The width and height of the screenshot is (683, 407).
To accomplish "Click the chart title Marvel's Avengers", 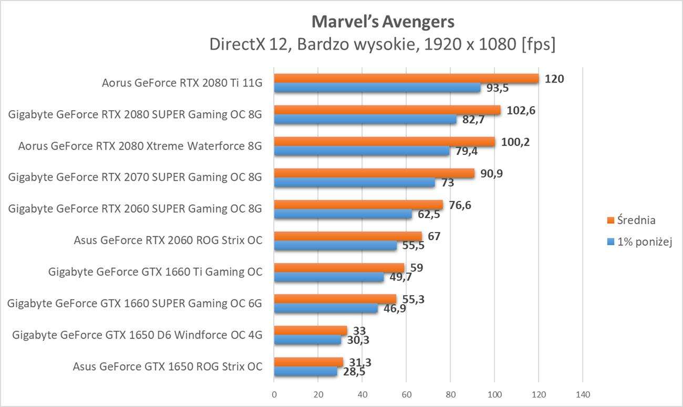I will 382,22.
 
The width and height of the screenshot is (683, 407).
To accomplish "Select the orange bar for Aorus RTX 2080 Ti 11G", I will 406,78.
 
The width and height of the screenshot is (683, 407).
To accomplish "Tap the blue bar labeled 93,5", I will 377,88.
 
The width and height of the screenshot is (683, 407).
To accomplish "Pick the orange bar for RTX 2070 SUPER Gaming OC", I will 374,173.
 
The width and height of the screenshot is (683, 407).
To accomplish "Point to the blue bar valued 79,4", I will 361,151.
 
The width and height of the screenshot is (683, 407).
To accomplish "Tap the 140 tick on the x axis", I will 583,394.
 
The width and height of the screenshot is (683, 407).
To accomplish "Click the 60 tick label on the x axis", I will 406,394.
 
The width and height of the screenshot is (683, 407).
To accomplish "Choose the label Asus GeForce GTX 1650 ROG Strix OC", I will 168,366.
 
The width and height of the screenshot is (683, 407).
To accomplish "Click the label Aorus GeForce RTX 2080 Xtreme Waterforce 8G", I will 140,146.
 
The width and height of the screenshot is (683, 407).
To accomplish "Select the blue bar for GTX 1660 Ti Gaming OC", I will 329,277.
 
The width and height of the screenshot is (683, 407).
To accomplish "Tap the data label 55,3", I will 413,299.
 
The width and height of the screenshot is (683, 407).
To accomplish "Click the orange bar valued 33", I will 311,330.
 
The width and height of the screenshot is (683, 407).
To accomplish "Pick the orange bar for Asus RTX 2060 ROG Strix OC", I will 348,236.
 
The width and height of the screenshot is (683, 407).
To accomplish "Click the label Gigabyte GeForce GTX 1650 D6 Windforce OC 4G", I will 137,335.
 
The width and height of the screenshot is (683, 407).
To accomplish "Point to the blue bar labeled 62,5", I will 343,214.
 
